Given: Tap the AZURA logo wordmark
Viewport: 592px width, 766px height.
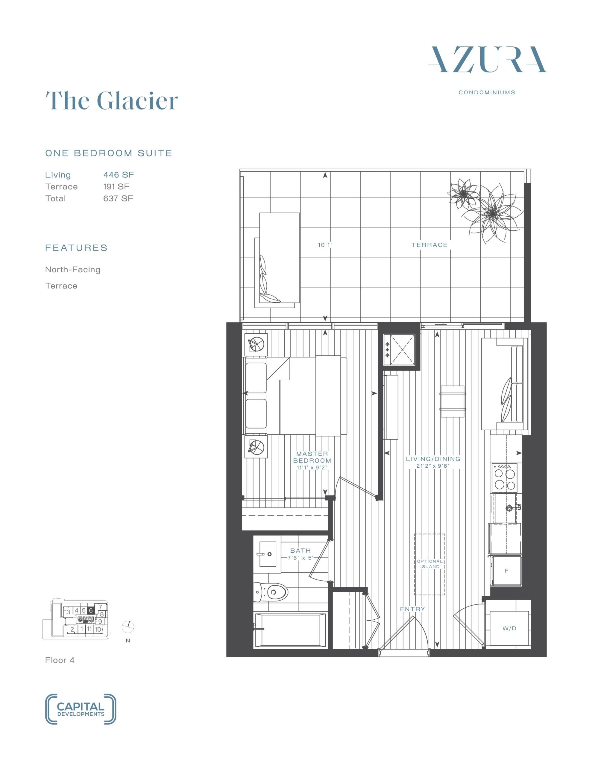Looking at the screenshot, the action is click(487, 60).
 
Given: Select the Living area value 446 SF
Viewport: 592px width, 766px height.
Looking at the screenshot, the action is click(119, 175).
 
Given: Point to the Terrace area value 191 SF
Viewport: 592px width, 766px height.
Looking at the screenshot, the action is click(116, 187).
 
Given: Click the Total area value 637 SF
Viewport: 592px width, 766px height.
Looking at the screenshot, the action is click(118, 198).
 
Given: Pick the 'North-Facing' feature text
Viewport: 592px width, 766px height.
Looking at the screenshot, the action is click(73, 270).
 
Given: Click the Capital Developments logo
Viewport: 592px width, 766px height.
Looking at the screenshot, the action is click(81, 709).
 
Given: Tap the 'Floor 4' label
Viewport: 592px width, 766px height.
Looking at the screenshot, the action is click(60, 660).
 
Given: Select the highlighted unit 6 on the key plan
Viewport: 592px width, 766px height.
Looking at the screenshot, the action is click(91, 611).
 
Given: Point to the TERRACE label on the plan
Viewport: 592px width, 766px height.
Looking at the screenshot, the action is click(429, 245).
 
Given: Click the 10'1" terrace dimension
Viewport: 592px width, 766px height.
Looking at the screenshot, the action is click(325, 245).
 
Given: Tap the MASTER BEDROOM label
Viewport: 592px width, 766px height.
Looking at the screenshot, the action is click(312, 457).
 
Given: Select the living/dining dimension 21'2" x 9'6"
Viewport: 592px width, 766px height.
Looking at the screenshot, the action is click(433, 466).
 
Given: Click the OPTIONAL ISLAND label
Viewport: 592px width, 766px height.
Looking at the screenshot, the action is click(430, 564).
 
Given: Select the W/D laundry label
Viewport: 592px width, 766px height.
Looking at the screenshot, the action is click(509, 628).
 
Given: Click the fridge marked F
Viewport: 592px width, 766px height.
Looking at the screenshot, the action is click(506, 571).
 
